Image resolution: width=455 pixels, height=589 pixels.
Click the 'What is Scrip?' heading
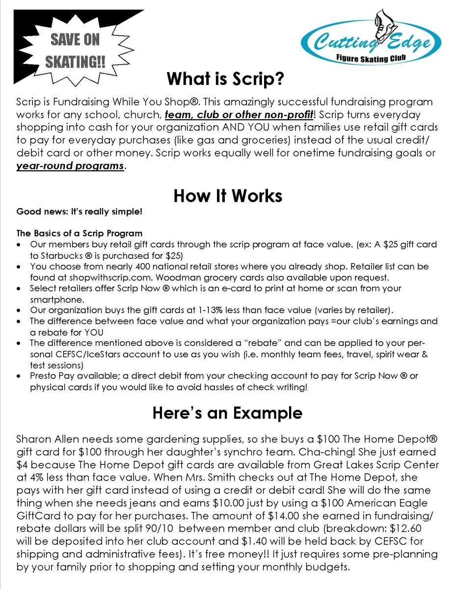tap(226, 79)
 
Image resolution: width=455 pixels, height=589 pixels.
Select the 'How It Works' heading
tap(228, 196)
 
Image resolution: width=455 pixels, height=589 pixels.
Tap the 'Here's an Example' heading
tap(227, 412)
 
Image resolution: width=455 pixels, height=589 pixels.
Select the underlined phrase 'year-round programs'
tap(70, 165)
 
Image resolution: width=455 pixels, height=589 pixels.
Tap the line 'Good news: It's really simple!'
tap(80, 212)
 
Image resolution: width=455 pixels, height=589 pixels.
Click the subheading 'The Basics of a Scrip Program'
tap(80, 233)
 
